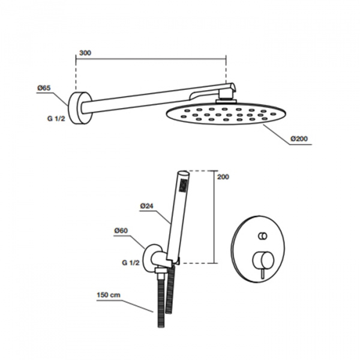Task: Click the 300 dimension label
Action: click(85, 53)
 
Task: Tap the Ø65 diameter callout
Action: click(44, 88)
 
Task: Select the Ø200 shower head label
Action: click(299, 139)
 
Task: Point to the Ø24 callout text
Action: click(146, 206)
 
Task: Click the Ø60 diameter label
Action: click(121, 230)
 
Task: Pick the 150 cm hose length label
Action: click(109, 295)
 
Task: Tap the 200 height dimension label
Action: click(223, 177)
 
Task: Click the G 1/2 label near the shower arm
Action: click(56, 118)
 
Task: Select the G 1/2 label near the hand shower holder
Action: click(131, 263)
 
